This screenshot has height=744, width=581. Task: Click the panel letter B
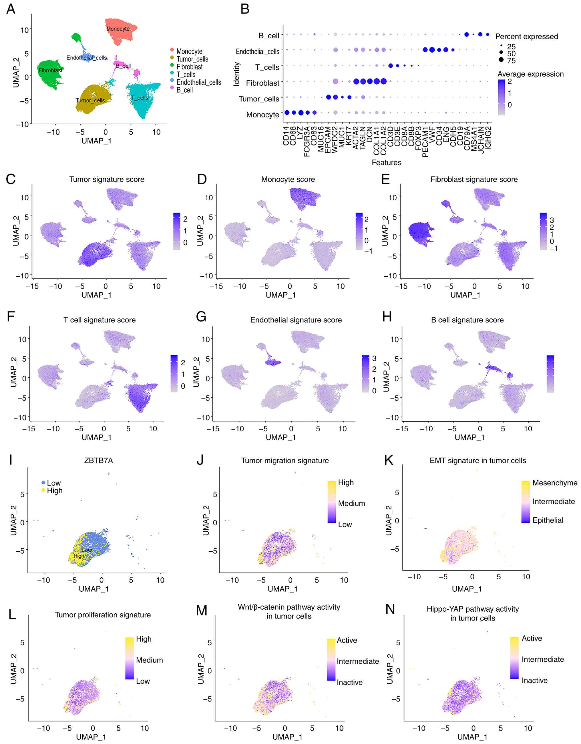click(x=245, y=9)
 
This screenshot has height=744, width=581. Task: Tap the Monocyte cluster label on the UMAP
click(x=118, y=29)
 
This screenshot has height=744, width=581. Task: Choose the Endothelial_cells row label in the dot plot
click(x=257, y=51)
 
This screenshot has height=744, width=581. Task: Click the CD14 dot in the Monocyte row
click(x=286, y=112)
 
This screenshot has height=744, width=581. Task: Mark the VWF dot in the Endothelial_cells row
click(x=432, y=50)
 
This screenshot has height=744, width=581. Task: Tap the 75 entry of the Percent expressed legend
click(x=511, y=61)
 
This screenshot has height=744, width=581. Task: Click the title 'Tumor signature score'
click(x=107, y=179)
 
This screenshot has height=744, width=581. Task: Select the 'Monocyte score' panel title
click(x=288, y=179)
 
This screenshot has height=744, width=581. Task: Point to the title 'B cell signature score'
click(x=467, y=320)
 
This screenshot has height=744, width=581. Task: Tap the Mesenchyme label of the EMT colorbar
click(x=555, y=483)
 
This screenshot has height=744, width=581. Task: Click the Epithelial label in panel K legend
click(x=548, y=520)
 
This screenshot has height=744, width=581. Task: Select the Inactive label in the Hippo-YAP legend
click(x=534, y=680)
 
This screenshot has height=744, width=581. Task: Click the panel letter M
click(x=201, y=611)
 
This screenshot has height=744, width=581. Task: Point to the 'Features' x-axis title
click(x=386, y=163)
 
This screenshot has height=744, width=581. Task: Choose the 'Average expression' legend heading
click(x=530, y=74)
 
